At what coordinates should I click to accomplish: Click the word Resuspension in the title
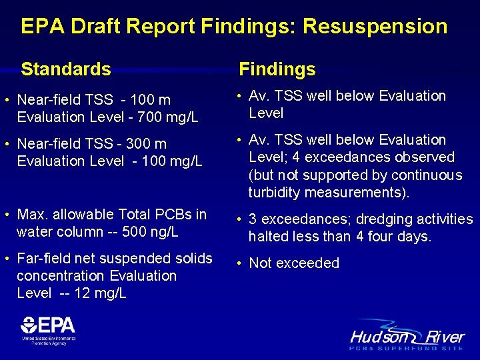(375, 27)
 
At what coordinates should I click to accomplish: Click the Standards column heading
(66, 69)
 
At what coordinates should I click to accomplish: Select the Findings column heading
(277, 69)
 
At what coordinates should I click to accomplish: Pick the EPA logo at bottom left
(48, 329)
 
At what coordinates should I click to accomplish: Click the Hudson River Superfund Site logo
(407, 336)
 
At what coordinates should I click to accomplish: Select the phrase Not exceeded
(294, 263)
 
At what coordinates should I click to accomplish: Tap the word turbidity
(274, 193)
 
